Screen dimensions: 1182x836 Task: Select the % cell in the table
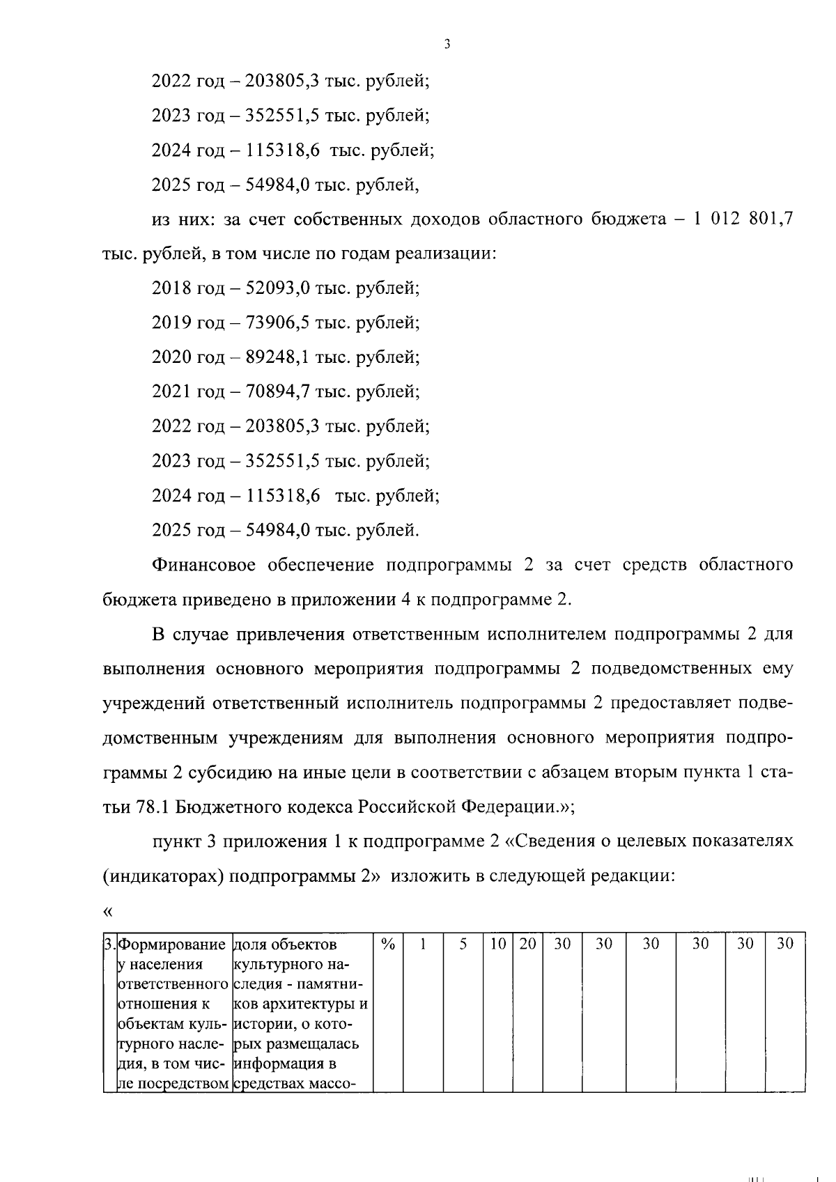tap(389, 944)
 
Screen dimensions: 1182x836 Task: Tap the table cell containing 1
tap(423, 944)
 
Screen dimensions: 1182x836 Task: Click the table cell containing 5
tap(463, 944)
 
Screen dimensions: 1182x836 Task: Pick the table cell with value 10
tap(497, 944)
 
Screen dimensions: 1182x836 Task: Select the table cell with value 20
tap(527, 944)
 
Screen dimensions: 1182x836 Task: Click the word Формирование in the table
tap(173, 945)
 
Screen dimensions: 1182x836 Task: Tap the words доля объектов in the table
tap(285, 945)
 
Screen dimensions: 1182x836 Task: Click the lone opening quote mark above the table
tap(107, 911)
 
